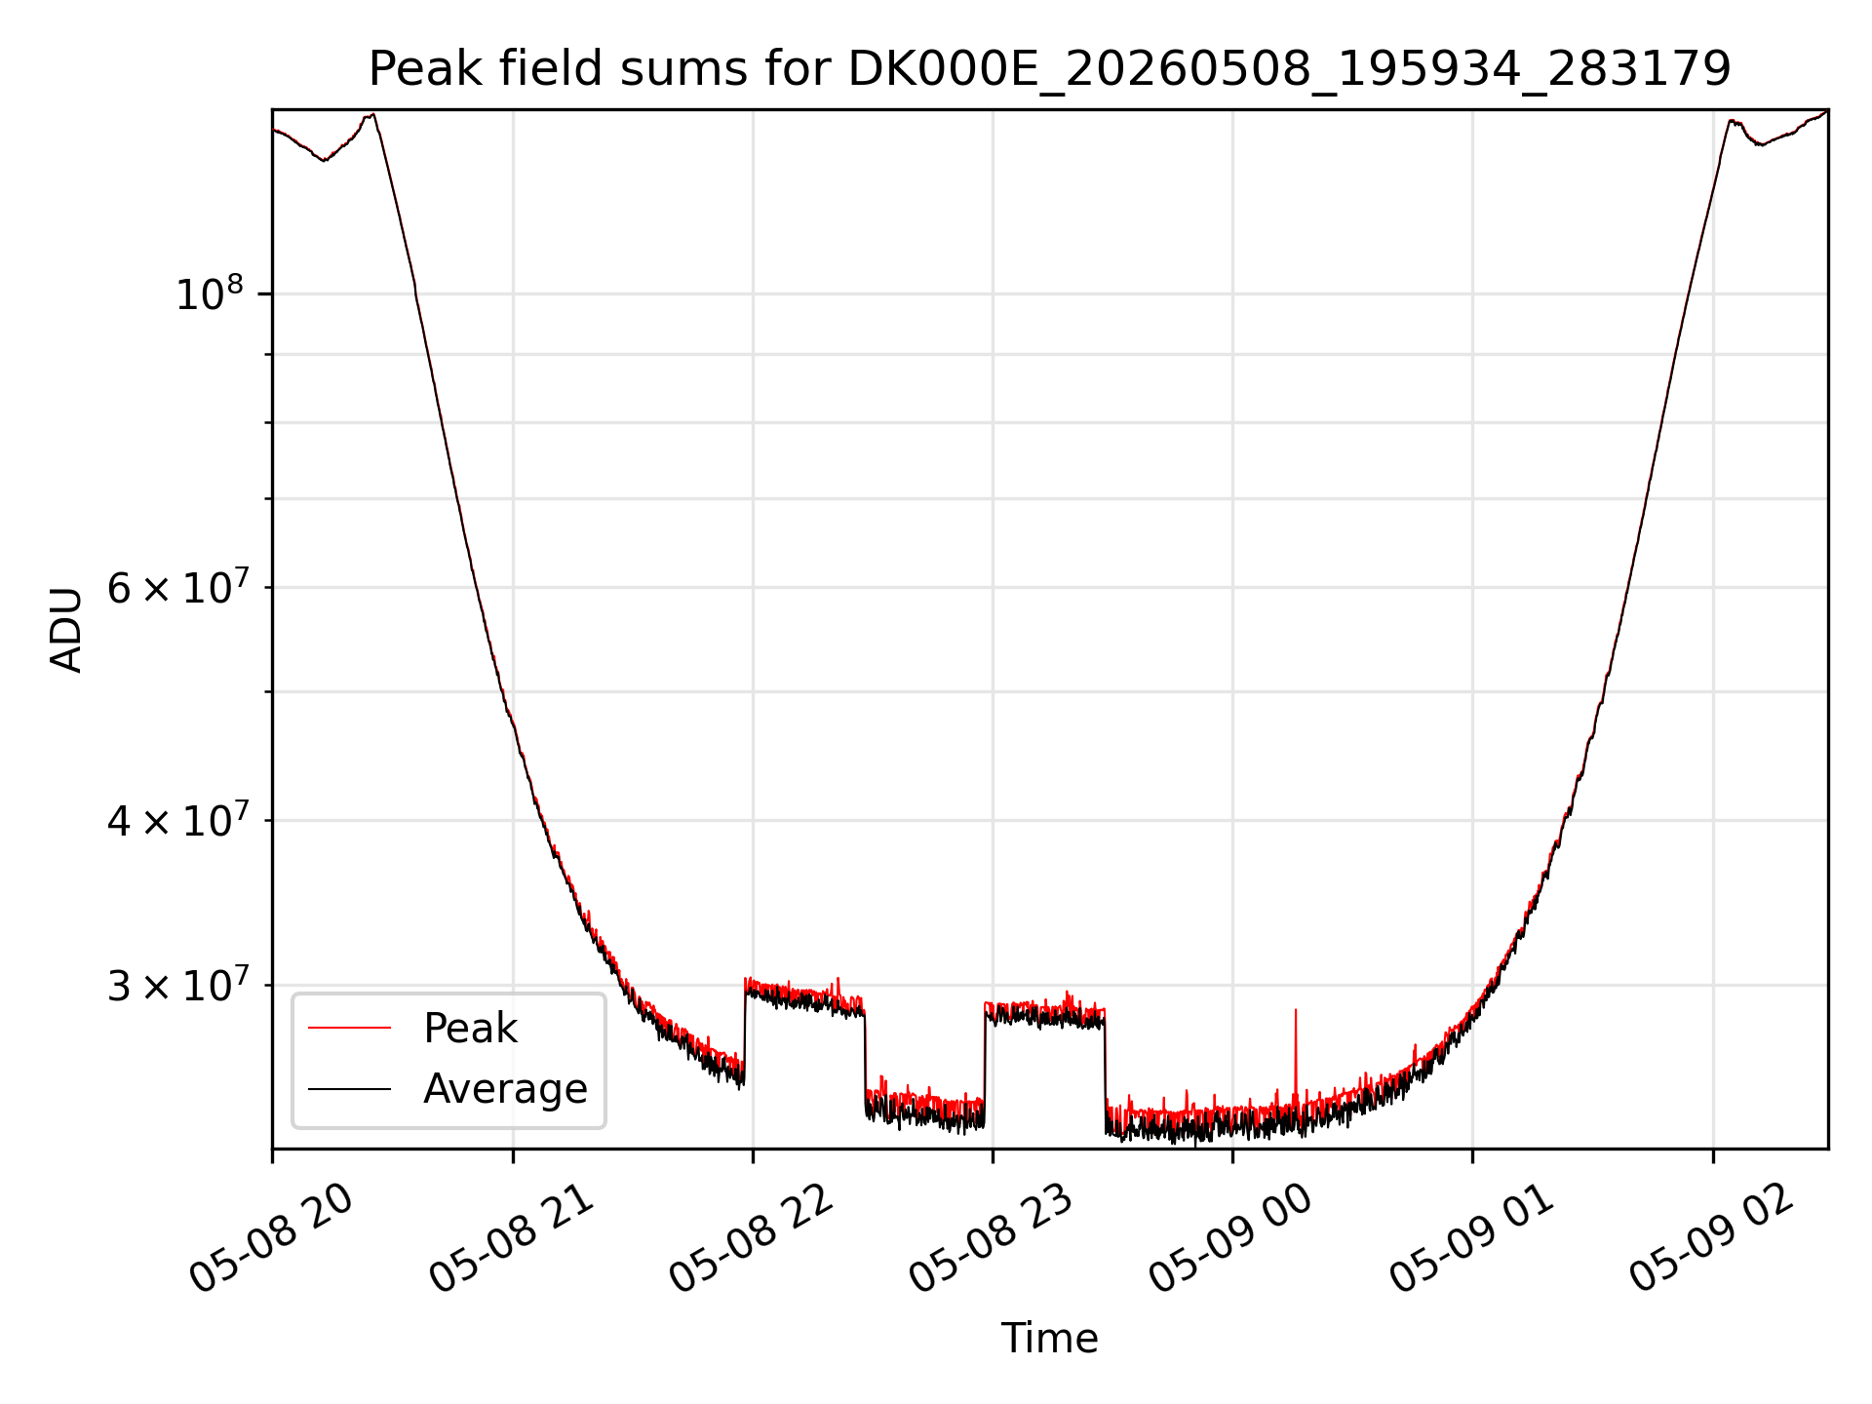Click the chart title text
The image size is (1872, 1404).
pyautogui.click(x=1049, y=69)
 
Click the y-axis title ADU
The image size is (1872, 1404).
pyautogui.click(x=66, y=629)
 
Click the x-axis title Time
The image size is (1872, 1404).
pyautogui.click(x=1049, y=1338)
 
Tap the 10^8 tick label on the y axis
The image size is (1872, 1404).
pyautogui.click(x=209, y=293)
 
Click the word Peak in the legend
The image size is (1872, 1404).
pyautogui.click(x=470, y=1029)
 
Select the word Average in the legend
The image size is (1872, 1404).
pyautogui.click(x=505, y=1089)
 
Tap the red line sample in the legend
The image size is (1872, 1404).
pyautogui.click(x=349, y=1029)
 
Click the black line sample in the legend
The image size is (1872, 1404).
pyautogui.click(x=349, y=1089)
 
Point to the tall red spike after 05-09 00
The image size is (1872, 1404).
pyautogui.click(x=1295, y=1058)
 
